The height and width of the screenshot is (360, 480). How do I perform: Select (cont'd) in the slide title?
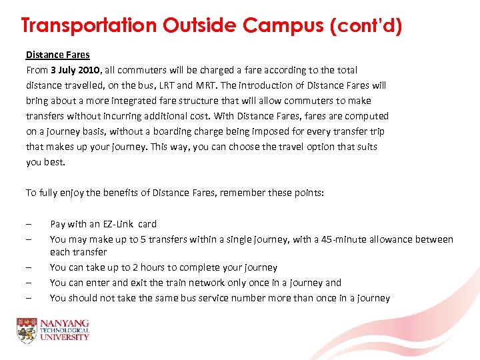(x=366, y=26)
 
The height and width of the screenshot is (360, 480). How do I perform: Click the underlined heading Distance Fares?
(x=57, y=55)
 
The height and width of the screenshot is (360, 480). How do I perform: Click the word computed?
(x=367, y=116)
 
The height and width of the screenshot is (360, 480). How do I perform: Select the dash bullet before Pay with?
(x=29, y=224)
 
